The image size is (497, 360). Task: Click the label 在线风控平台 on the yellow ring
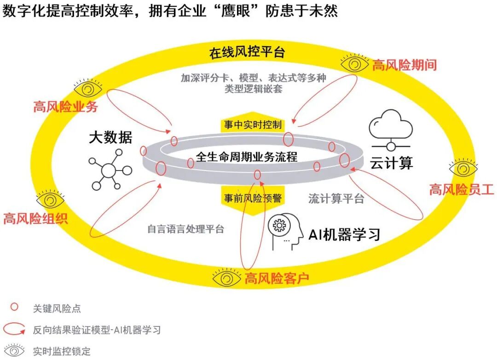point(247,52)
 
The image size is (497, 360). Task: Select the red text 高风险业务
point(65,107)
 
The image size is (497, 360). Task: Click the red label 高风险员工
point(462,189)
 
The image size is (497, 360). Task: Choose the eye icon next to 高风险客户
point(227,277)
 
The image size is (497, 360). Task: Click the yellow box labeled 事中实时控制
point(253,125)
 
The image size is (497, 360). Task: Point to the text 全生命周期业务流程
point(247,157)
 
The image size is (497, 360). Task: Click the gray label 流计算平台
point(336,199)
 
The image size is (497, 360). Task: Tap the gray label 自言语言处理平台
point(185,229)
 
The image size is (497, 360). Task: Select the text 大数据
point(110,137)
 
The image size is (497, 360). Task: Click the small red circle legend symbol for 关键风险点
point(14,307)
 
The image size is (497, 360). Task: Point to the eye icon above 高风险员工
point(463,168)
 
